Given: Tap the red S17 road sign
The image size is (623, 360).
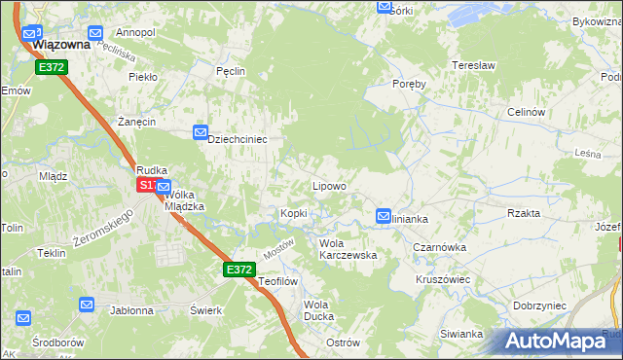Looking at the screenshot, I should (146, 185).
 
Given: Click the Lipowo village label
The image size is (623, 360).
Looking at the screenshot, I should (328, 185).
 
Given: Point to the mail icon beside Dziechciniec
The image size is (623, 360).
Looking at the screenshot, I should (201, 131).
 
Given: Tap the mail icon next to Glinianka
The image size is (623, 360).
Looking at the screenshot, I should (385, 216).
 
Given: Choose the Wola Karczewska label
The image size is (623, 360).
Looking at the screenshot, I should (348, 249).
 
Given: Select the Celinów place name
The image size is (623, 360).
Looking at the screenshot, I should (525, 112).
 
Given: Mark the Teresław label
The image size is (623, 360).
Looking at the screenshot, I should (474, 65).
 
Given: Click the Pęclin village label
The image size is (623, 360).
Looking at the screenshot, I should (231, 71).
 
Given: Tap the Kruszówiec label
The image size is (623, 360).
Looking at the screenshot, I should (442, 278).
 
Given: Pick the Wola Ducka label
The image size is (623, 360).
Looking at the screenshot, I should (318, 310).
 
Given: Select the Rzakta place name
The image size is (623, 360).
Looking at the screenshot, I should (524, 213).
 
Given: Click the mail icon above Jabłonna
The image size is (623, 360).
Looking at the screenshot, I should (87, 305).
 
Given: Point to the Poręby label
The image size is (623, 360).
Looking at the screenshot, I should (409, 84).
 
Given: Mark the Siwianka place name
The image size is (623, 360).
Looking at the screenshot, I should (461, 334).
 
